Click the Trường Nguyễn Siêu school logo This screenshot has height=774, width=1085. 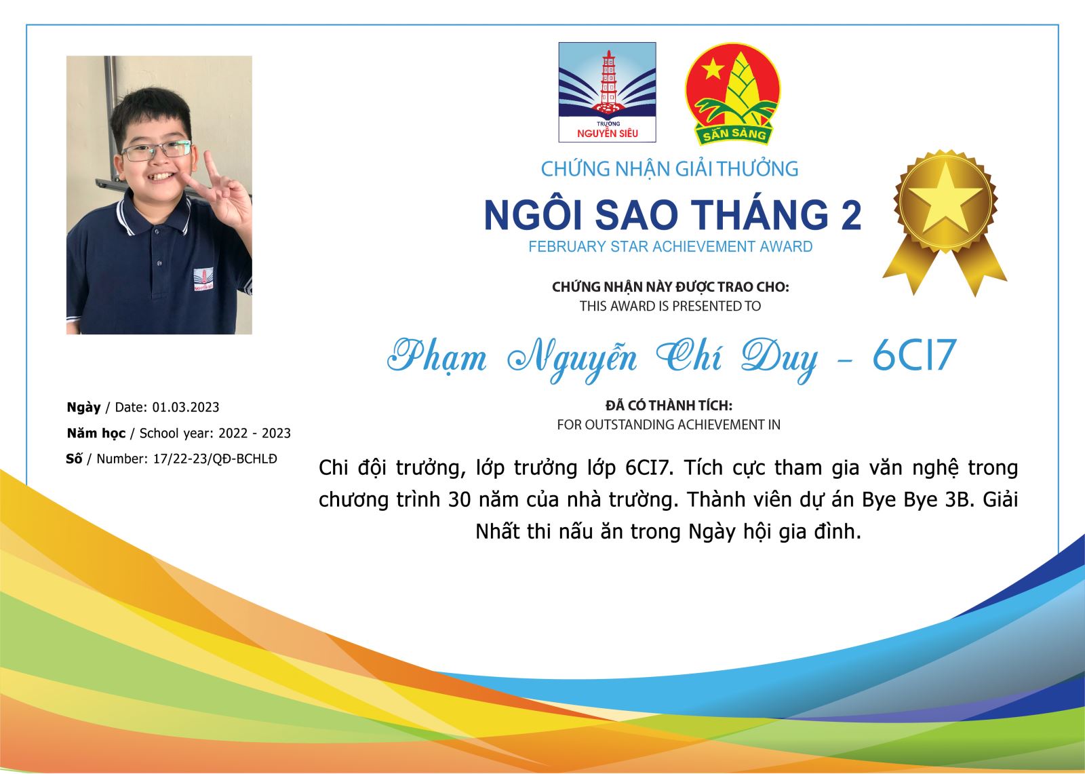click(608, 92)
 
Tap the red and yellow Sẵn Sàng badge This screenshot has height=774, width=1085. click(733, 94)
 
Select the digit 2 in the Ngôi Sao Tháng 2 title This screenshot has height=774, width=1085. click(851, 215)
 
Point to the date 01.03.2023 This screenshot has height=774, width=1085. click(186, 407)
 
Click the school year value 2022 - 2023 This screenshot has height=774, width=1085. click(254, 433)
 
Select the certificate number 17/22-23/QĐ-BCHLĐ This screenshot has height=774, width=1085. click(215, 459)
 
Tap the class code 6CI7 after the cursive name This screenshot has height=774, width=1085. click(914, 355)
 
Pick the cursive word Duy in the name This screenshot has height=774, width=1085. click(779, 360)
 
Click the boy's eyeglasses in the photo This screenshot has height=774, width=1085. click(156, 150)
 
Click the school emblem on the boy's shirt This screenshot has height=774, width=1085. click(203, 279)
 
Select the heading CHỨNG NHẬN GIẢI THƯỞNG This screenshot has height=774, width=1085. click(669, 169)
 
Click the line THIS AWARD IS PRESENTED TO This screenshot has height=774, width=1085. click(671, 307)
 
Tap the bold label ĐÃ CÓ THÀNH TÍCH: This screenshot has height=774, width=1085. click(669, 405)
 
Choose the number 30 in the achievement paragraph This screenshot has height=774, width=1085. click(459, 500)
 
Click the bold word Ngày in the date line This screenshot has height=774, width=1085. click(84, 408)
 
